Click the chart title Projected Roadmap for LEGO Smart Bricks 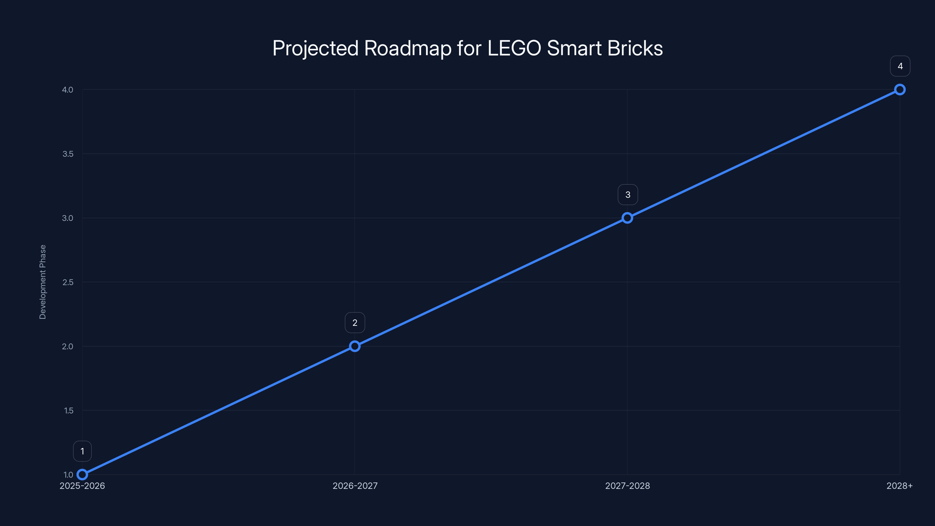[467, 48]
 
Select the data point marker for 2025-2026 [82, 475]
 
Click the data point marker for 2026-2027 [355, 346]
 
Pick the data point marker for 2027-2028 [627, 218]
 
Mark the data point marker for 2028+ [900, 90]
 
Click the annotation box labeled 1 [82, 451]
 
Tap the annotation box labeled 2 [355, 323]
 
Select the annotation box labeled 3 [628, 195]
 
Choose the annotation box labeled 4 [900, 66]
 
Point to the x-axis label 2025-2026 [82, 486]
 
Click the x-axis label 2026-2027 [355, 486]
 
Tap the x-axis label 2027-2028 [628, 486]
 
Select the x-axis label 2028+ [899, 486]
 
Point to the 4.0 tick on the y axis [67, 90]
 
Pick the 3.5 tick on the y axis [67, 154]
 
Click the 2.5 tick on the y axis [67, 282]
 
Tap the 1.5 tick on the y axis [68, 411]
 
